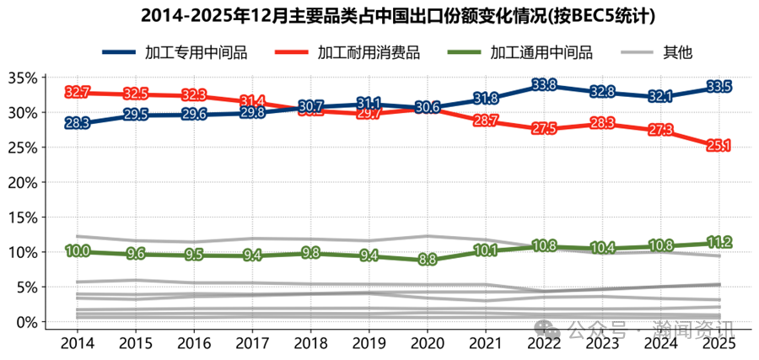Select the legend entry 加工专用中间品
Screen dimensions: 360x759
tap(175, 52)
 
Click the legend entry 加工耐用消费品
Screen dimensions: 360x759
tap(348, 52)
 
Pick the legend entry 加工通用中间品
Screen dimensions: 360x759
tap(522, 52)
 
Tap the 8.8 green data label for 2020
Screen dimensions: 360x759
tap(428, 260)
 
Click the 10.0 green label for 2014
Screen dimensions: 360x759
tap(78, 251)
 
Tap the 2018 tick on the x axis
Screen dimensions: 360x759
tap(310, 343)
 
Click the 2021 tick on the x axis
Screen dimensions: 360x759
tap(485, 343)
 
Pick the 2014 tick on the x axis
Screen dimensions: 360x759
tap(78, 343)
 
